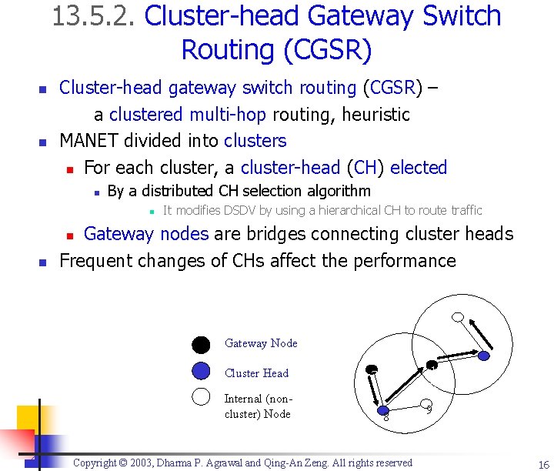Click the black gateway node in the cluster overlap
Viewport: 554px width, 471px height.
[432, 365]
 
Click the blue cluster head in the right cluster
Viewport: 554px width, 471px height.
[483, 356]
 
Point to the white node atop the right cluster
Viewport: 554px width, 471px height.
[458, 317]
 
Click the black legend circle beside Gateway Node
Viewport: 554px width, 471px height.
[201, 344]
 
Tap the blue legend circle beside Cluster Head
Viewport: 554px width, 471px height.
[201, 372]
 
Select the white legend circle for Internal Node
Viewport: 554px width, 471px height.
[201, 397]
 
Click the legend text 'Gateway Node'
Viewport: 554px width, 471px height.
[261, 343]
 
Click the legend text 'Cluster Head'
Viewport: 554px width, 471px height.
[256, 373]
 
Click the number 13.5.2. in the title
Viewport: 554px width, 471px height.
[95, 17]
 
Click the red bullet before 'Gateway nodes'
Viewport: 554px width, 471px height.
[68, 235]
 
